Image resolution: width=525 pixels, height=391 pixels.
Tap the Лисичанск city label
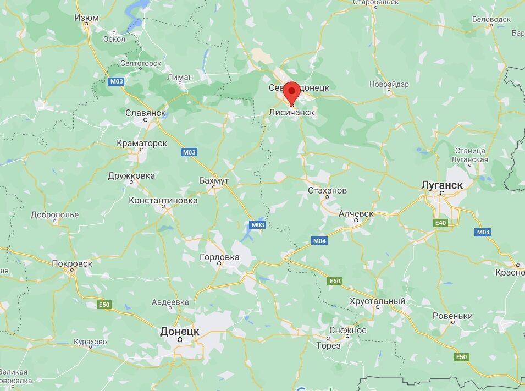point(292,113)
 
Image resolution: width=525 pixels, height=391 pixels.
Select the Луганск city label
point(442,185)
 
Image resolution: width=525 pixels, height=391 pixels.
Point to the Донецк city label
point(179,331)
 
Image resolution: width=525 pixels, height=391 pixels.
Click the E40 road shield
point(440,223)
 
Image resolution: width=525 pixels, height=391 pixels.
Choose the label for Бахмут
point(214,180)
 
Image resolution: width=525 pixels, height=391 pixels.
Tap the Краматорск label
point(142,143)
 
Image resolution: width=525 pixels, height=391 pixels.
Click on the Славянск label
point(146,113)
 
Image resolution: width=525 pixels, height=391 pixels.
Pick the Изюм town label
point(86,18)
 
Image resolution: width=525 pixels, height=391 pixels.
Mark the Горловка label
point(219,257)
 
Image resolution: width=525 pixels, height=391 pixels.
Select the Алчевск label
point(356,213)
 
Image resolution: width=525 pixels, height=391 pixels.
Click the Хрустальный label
point(377,301)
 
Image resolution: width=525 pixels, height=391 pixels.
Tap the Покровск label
point(72,263)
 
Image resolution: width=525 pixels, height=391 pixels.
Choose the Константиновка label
point(163,200)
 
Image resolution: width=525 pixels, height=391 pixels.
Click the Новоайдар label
point(389,84)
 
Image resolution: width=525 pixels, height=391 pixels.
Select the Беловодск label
point(491,19)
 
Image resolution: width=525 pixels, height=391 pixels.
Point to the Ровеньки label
point(452,316)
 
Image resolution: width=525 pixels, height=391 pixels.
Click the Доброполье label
point(54,214)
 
